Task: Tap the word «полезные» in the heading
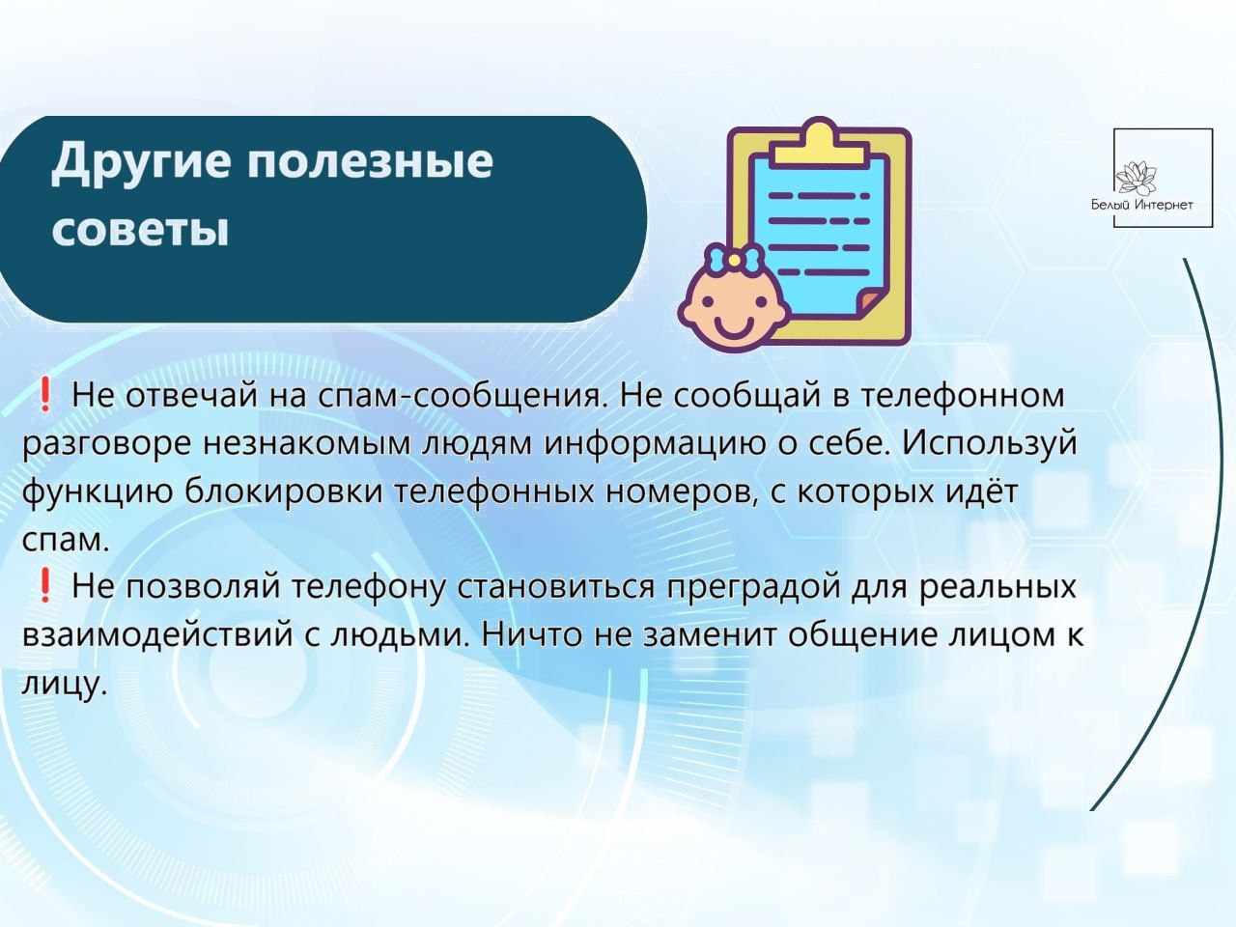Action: tap(371, 160)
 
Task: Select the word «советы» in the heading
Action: tap(140, 230)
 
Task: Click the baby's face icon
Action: tap(730, 312)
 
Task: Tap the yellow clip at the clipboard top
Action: tap(820, 141)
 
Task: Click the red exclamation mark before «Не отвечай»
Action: tap(45, 395)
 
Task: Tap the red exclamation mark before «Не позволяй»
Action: tap(45, 586)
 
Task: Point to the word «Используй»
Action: tap(991, 443)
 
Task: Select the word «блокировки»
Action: tap(283, 492)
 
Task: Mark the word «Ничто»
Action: tap(530, 634)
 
